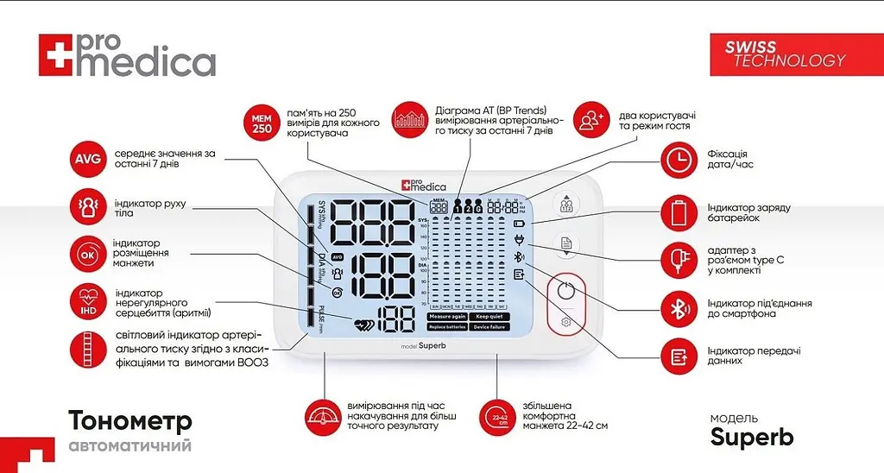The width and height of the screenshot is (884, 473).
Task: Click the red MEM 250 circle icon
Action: pos(262,123)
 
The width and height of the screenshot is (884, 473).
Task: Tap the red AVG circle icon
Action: pos(87,161)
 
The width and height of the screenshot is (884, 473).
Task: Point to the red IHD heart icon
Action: pos(87,301)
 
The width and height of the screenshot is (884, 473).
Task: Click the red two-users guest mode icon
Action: pos(591,121)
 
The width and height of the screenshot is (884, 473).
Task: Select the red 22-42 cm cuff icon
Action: pos(499,417)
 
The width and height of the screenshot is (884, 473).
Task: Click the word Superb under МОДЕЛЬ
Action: pos(751,438)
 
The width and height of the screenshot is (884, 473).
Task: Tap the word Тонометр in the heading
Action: pos(130,422)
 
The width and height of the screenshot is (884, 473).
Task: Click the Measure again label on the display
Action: pos(447,317)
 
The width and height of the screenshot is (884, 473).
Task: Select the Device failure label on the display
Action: pos(489,327)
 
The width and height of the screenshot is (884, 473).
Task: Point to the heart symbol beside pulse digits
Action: pos(365,324)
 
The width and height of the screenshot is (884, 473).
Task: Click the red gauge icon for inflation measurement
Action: pos(324,417)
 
